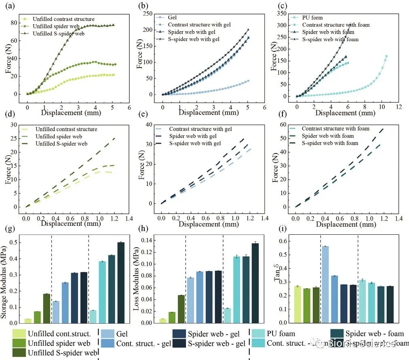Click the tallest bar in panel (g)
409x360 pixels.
click(121, 282)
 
